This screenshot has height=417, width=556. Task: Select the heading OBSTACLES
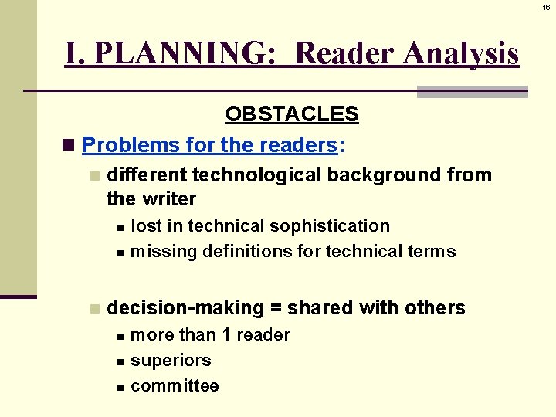pyautogui.click(x=292, y=115)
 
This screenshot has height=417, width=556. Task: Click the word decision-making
pyautogui.click(x=185, y=308)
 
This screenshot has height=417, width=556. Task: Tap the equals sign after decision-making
pyautogui.click(x=276, y=309)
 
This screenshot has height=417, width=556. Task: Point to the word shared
pyautogui.click(x=317, y=308)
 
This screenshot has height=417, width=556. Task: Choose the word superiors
pyautogui.click(x=171, y=361)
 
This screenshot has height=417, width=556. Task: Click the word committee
pyautogui.click(x=175, y=386)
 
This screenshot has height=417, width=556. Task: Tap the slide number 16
pyautogui.click(x=546, y=6)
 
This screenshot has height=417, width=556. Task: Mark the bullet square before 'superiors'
pyautogui.click(x=120, y=361)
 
